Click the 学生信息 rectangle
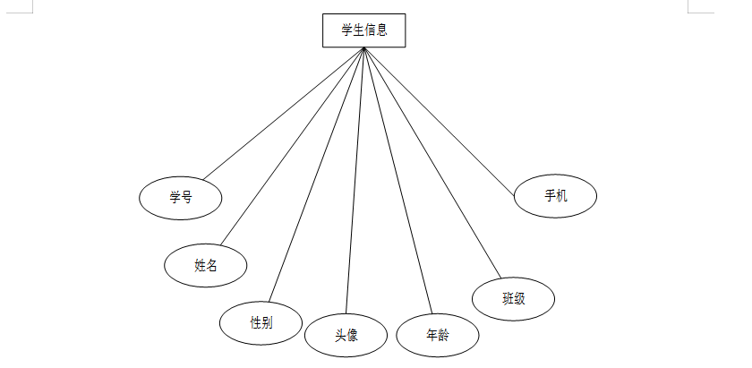tap(364, 30)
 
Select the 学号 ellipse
tap(181, 198)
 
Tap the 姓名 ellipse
tap(206, 265)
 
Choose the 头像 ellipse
tap(346, 336)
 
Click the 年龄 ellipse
tap(438, 336)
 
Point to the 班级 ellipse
tap(513, 298)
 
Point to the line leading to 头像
tap(355, 180)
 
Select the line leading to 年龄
tap(397, 181)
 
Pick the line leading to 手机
tap(439, 117)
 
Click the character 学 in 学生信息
tap(347, 30)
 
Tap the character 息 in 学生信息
tap(382, 30)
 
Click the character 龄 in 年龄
tap(444, 336)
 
